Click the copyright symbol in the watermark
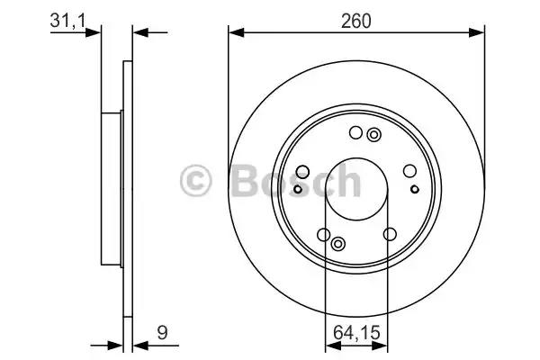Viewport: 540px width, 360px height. coord(198,181)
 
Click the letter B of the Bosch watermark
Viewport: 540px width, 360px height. coord(247,181)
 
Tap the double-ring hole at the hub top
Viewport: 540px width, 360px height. coord(373,135)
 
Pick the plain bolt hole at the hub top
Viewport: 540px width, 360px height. coord(355,135)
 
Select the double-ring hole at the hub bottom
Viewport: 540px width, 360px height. coord(339,245)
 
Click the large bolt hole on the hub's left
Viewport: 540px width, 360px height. coord(303,173)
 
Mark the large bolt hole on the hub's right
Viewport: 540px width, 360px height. coord(409,173)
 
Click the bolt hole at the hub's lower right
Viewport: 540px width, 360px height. coord(390,234)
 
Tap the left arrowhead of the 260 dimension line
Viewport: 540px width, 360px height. coord(235,32)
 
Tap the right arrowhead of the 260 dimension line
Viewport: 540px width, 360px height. coord(480,32)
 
